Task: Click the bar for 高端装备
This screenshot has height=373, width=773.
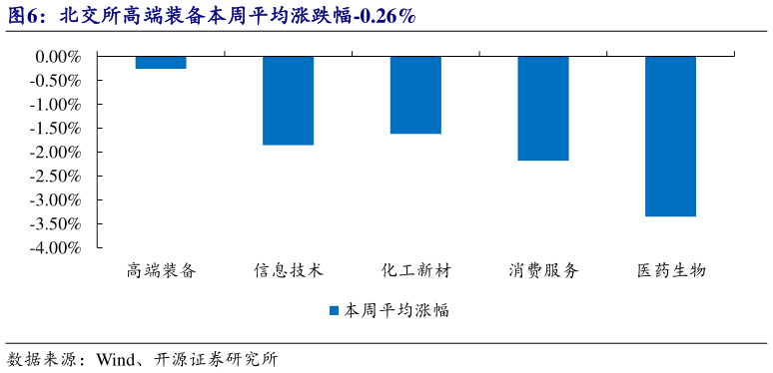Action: pos(161,62)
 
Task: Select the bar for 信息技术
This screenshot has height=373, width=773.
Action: pos(289,101)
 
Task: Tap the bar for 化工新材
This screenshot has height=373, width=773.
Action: pos(415,95)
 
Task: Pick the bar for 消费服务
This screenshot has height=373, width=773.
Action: pos(543,108)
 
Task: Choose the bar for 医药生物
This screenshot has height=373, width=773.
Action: pos(670,136)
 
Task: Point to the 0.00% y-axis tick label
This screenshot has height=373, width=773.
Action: pos(58,57)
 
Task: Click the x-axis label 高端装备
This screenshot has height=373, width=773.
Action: pos(161,271)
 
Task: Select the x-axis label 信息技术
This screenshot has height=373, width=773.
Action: pos(289,271)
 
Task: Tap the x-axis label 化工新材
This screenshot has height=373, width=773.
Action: pos(415,271)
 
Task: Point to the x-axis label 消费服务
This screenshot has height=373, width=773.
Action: pos(543,271)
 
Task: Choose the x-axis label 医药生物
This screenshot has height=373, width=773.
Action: pos(670,271)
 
